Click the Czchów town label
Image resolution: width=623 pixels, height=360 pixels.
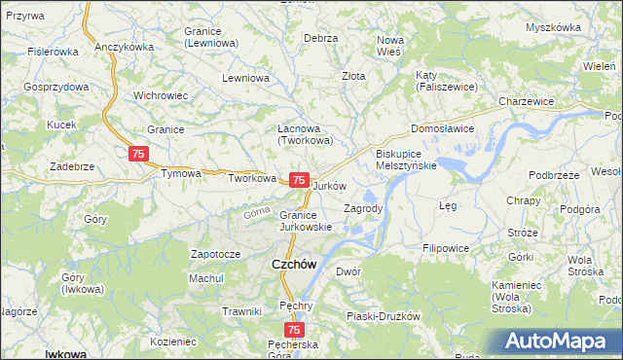(291, 265)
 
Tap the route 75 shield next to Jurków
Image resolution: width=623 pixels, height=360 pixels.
(300, 181)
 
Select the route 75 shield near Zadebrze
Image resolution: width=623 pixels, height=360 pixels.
(138, 154)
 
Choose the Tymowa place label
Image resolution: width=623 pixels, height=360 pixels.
(180, 173)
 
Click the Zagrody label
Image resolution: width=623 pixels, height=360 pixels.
(364, 208)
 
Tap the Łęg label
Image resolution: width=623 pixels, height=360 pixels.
(448, 206)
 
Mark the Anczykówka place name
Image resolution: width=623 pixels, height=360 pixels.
(126, 47)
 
